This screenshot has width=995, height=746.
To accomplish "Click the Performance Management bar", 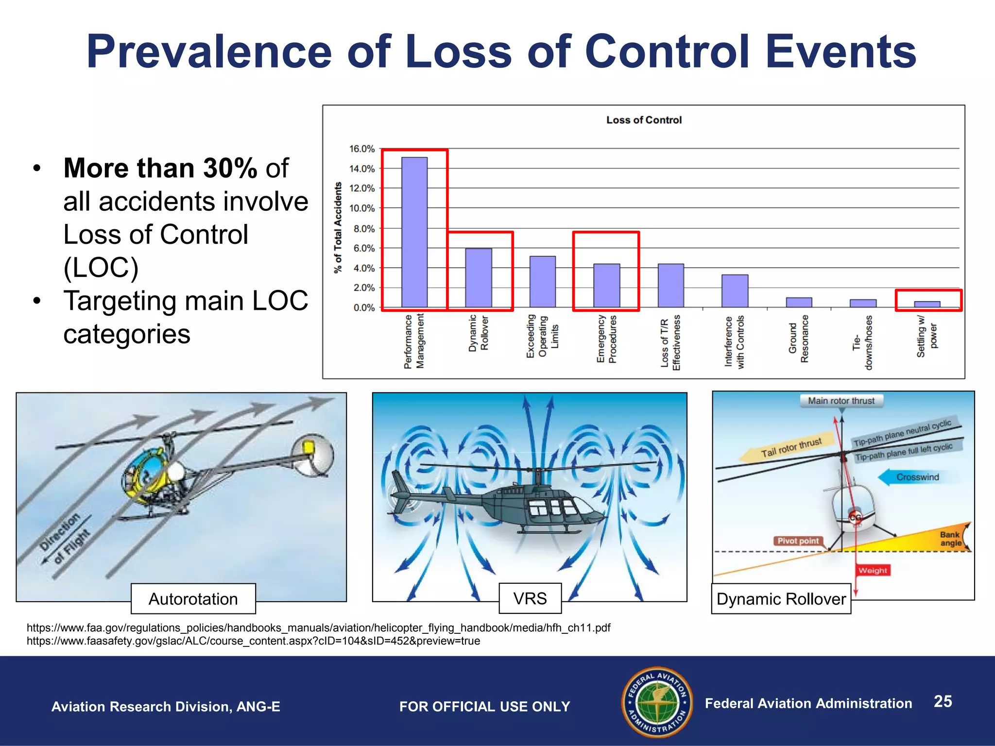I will (414, 232).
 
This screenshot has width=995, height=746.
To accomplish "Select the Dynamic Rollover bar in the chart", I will (479, 278).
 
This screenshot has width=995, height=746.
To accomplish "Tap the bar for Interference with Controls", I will (735, 291).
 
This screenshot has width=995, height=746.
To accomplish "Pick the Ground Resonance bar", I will (799, 302).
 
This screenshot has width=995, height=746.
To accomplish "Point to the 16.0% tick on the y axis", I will (362, 149).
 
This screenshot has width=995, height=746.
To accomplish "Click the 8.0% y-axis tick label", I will (364, 228).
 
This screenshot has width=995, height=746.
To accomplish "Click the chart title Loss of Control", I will (644, 120).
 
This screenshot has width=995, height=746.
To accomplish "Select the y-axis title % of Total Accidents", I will (338, 228).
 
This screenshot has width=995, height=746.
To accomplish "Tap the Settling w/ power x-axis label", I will (926, 336).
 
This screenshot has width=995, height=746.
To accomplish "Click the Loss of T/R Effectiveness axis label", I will (670, 342).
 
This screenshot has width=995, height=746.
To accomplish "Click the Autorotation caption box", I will (193, 599).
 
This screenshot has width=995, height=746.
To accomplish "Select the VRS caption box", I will (530, 598).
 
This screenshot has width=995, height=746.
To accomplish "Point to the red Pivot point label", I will (798, 541).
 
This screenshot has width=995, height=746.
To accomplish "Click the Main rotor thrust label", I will (841, 401).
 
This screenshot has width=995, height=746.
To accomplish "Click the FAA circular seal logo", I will (657, 702).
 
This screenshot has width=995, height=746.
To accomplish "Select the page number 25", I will (943, 701).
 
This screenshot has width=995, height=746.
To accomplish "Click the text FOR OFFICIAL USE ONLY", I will (484, 707).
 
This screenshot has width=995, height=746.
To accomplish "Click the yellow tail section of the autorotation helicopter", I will (308, 447).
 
